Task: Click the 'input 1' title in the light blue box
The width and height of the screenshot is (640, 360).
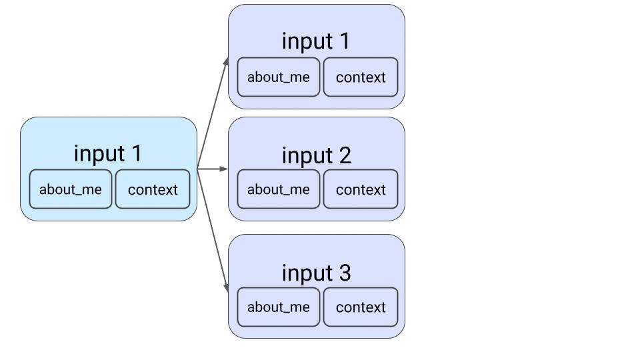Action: point(108,153)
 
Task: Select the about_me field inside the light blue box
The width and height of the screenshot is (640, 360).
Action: point(71,189)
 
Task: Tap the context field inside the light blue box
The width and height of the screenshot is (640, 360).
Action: point(153,189)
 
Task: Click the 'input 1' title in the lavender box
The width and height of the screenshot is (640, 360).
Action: point(316,41)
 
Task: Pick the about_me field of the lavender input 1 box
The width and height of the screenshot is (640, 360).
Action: point(279,77)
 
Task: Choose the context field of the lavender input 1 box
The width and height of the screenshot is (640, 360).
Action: point(361,77)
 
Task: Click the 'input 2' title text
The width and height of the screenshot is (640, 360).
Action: point(316,155)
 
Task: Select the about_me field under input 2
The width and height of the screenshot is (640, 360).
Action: point(279,189)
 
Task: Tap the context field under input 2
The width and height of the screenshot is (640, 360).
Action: point(361,189)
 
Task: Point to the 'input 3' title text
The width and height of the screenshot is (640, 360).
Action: point(316,273)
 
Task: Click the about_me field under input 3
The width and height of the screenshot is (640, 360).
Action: point(279,307)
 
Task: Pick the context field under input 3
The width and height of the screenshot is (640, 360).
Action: point(361,307)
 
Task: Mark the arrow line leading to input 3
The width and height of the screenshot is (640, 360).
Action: point(212,227)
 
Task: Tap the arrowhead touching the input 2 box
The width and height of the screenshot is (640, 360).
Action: point(224,169)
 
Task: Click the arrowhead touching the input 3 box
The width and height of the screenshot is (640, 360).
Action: point(227,287)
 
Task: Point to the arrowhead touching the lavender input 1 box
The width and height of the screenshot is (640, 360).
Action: point(227,62)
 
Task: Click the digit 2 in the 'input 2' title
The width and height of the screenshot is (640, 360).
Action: point(343,155)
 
